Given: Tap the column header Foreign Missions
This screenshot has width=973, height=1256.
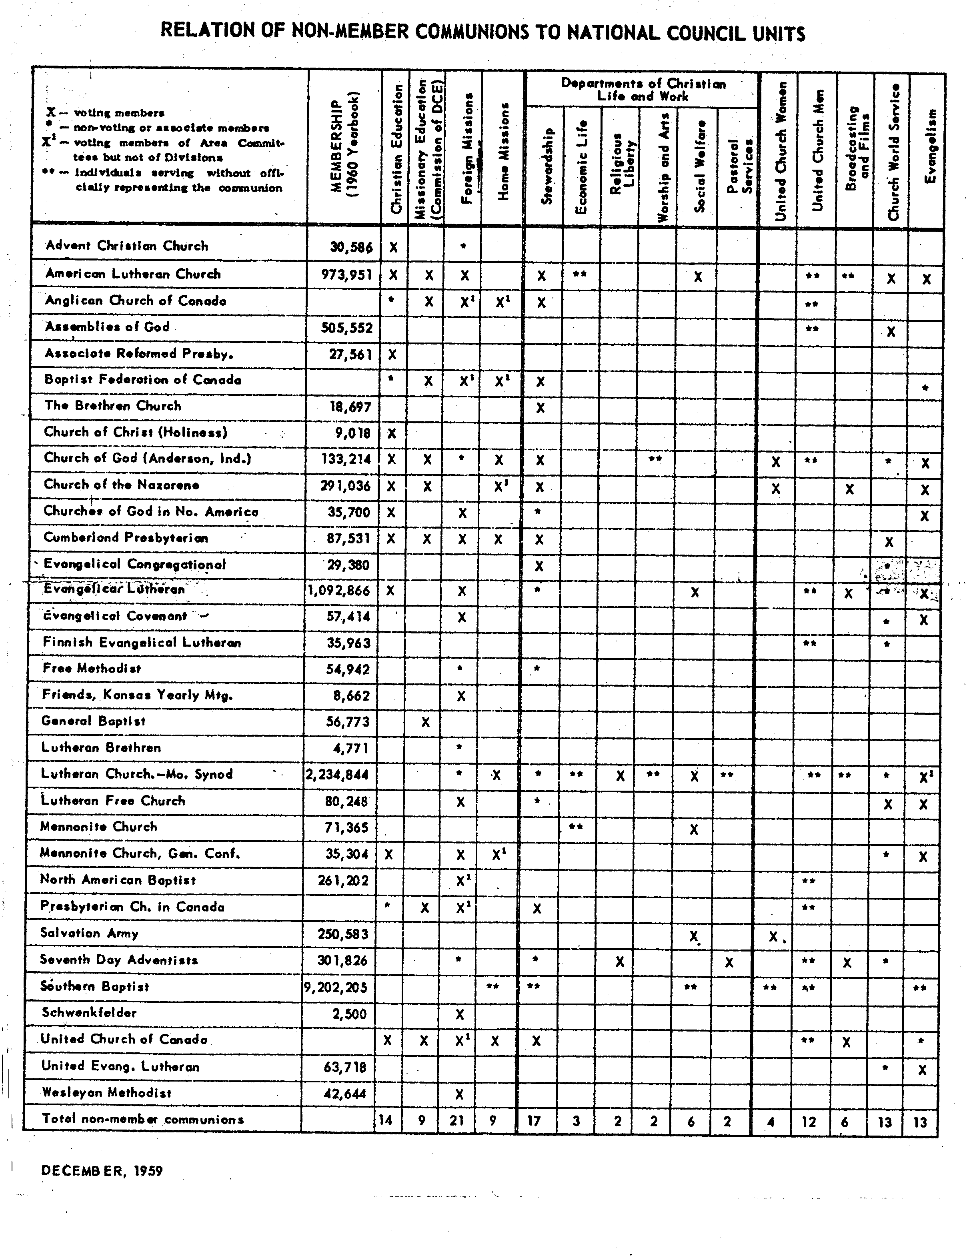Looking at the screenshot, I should tap(467, 148).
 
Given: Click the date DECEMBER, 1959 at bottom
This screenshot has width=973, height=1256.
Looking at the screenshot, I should tap(102, 1170).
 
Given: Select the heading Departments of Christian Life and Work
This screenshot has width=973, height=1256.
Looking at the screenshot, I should tap(643, 90).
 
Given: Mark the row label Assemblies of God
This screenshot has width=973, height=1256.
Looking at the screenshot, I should tap(108, 327).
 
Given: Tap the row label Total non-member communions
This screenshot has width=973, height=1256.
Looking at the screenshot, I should tap(142, 1119).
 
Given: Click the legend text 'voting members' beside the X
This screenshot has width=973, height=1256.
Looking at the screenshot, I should tap(119, 113).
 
